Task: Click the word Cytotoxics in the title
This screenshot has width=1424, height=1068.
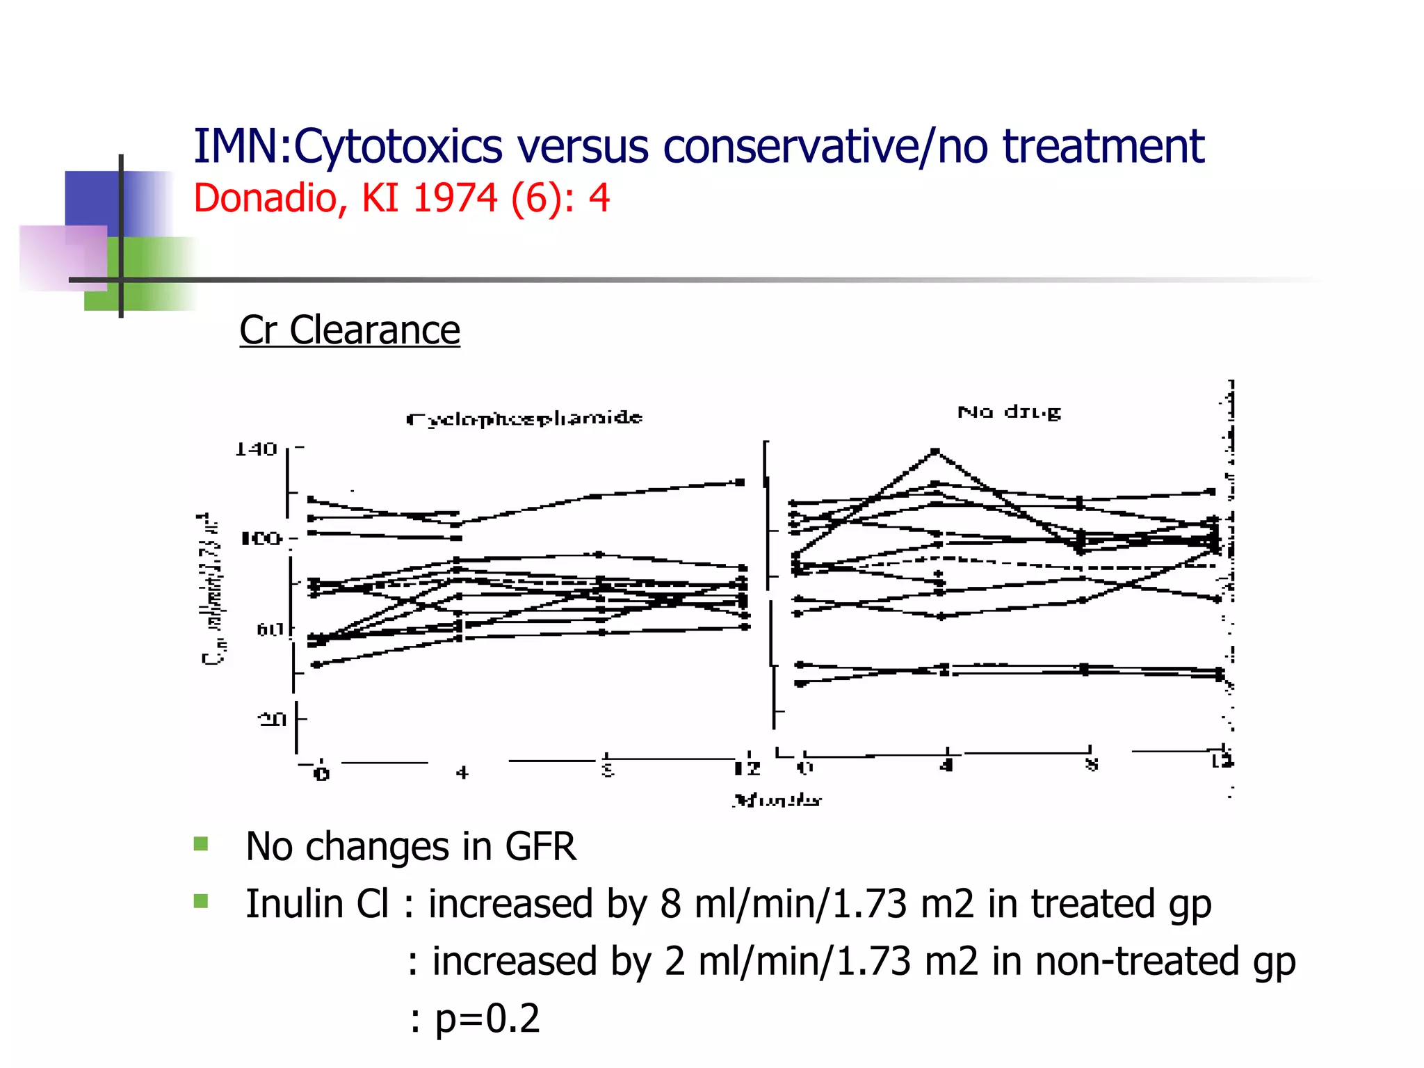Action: pos(397,147)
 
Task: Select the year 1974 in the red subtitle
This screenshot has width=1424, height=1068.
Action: pos(455,198)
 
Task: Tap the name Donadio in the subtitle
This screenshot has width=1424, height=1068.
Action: pos(265,198)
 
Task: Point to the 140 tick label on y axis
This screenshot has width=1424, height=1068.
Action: pos(256,450)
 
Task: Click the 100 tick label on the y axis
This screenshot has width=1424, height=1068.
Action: pos(261,539)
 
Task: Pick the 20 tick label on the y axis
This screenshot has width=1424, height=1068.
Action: pos(272,719)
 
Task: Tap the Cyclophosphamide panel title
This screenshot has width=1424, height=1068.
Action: pos(524,419)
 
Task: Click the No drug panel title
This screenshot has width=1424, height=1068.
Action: pos(1009,412)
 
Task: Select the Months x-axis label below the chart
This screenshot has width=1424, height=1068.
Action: pos(777,800)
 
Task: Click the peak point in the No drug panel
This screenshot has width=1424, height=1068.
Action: pos(935,452)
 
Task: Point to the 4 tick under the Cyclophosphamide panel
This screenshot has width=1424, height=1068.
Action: pos(462,772)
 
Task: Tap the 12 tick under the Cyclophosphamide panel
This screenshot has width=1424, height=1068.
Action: pos(747,769)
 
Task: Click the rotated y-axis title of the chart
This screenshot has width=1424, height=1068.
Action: pos(213,590)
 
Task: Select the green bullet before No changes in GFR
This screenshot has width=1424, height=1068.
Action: pos(201,844)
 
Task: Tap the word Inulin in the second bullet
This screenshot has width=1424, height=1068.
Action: pos(294,905)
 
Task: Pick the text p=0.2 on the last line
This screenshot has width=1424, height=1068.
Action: pos(487,1019)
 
